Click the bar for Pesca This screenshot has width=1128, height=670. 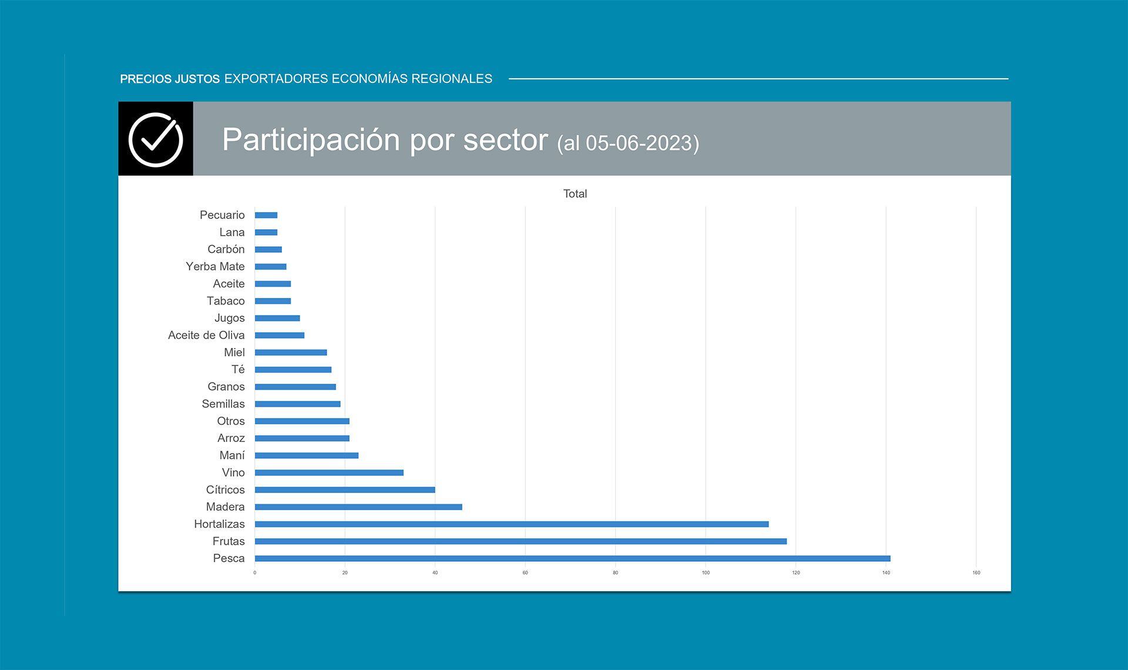(x=572, y=558)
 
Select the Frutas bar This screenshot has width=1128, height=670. (x=521, y=541)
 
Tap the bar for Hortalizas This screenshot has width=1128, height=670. (x=511, y=524)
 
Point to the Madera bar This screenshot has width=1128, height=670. (x=358, y=507)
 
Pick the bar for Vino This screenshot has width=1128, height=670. (x=329, y=473)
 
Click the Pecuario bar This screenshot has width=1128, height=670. (x=266, y=215)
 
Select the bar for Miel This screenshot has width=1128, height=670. (x=291, y=353)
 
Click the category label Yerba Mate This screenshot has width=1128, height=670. (x=215, y=266)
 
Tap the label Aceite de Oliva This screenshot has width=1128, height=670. (x=206, y=335)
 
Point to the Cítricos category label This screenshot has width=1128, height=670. (x=225, y=490)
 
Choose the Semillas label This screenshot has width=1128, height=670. (x=223, y=404)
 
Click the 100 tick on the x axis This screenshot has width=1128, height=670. (x=706, y=572)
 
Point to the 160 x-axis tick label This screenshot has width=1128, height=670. (x=976, y=572)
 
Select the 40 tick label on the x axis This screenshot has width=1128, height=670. (x=435, y=572)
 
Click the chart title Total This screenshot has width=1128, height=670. (x=575, y=194)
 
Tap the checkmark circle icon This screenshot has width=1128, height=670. (x=156, y=139)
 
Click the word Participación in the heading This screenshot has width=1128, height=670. (x=311, y=140)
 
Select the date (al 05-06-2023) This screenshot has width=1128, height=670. (x=628, y=143)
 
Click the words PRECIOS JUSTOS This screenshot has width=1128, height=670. (x=170, y=79)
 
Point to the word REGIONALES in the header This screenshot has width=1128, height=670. (x=452, y=79)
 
